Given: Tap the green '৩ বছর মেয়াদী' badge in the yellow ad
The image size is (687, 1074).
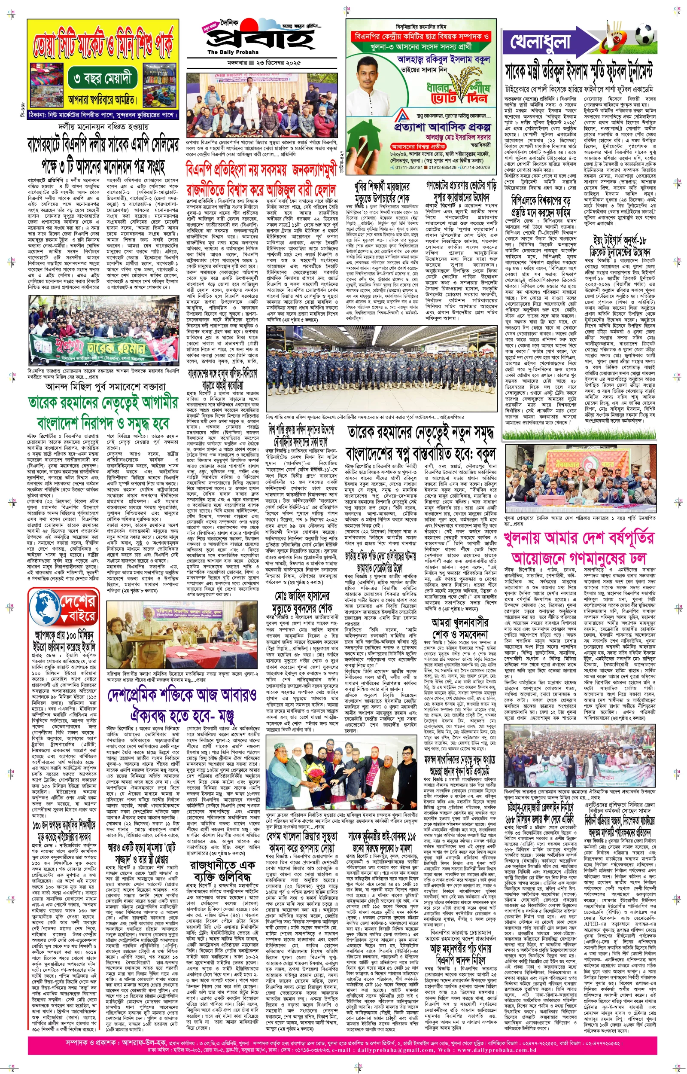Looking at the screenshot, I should [103, 79].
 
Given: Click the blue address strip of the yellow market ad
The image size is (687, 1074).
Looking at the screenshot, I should [103, 114].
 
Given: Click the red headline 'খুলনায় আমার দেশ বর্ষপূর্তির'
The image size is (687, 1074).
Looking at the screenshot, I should [580, 538].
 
